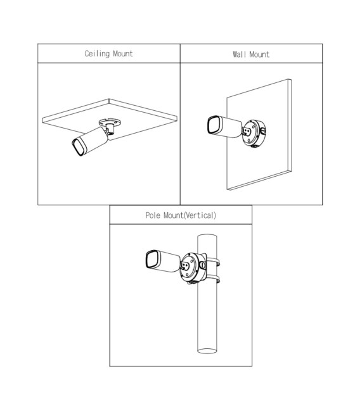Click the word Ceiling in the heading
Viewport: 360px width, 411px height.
click(97, 54)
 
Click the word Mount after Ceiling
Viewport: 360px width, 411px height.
click(123, 54)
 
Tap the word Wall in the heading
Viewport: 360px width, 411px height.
click(240, 54)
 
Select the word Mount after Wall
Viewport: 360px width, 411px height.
click(259, 54)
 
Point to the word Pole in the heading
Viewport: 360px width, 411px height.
click(153, 215)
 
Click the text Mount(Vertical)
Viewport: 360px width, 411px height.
click(190, 215)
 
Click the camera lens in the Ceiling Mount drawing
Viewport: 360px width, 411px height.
click(79, 148)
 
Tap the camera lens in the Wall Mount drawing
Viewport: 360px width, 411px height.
click(214, 125)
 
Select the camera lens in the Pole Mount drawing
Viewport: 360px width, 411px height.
click(152, 259)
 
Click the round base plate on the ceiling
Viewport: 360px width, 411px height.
click(110, 122)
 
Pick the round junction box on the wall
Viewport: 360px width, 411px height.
click(254, 134)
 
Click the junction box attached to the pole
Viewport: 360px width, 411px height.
click(193, 268)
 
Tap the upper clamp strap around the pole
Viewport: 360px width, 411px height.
click(213, 262)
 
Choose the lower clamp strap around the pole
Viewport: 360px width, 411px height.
click(213, 279)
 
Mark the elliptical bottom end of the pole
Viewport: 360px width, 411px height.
click(207, 351)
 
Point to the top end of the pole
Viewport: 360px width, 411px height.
click(207, 236)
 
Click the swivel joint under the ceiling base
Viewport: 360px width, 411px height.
click(110, 129)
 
